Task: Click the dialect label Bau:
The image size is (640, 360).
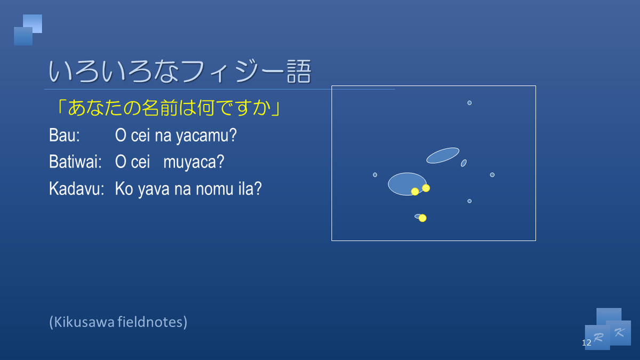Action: point(64,136)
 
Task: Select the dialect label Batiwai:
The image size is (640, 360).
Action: point(75,162)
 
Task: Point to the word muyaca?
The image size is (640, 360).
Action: point(193,162)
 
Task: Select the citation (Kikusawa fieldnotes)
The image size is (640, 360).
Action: point(118,322)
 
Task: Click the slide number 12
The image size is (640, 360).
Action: point(587,343)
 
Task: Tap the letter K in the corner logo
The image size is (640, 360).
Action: point(619,332)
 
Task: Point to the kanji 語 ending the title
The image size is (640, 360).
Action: point(297,71)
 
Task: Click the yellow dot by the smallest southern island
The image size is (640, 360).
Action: point(422,218)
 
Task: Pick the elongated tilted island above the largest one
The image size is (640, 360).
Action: point(443,155)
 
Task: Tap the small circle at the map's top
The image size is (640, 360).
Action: point(469,102)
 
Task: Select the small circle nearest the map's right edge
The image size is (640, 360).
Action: point(492,175)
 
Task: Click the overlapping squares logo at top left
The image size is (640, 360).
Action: point(28,30)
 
